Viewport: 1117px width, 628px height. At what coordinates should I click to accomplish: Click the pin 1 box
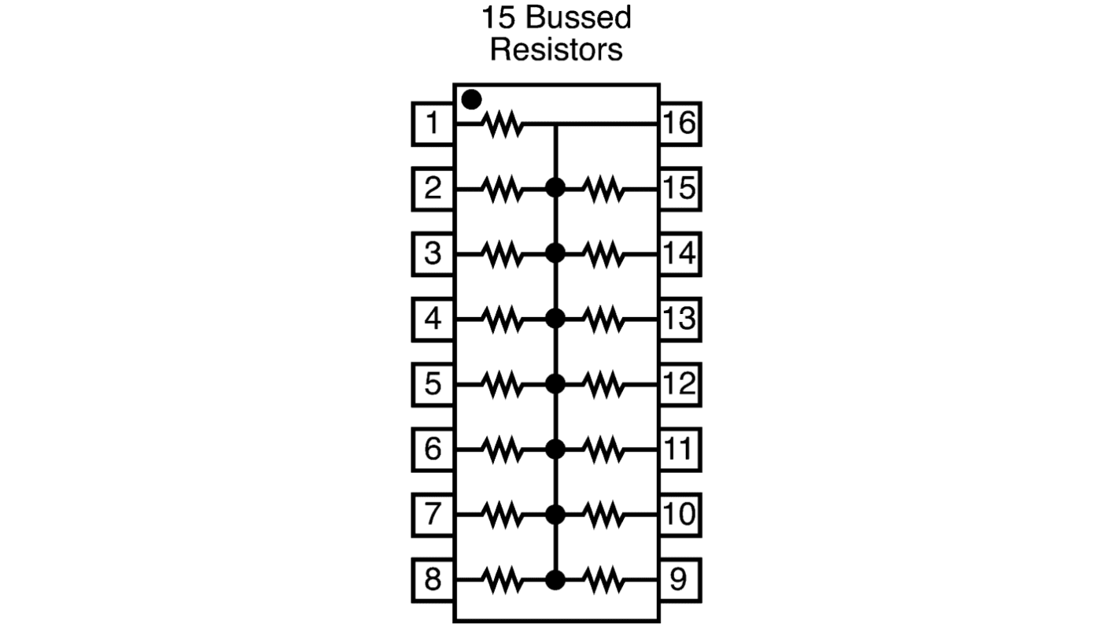click(x=433, y=124)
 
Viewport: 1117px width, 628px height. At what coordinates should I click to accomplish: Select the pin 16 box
click(x=679, y=124)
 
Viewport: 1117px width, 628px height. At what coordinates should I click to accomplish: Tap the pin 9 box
click(x=679, y=580)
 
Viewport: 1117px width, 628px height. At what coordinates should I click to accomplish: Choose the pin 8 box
click(x=433, y=580)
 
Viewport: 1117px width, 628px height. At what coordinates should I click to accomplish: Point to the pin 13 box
click(x=679, y=320)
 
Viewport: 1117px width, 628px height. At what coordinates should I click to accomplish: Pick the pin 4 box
click(x=433, y=320)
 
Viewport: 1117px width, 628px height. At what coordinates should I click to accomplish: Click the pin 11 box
click(x=679, y=449)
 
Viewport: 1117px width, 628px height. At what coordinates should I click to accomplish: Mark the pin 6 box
click(x=433, y=449)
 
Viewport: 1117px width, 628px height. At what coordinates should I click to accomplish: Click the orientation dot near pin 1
click(x=471, y=100)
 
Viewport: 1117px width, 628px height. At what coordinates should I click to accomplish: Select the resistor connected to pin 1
click(x=502, y=124)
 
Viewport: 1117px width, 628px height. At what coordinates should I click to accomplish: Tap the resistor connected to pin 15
click(x=604, y=189)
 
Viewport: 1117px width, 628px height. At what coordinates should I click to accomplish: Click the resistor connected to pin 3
click(x=502, y=254)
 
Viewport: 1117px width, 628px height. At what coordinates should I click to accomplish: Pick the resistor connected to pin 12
click(x=604, y=384)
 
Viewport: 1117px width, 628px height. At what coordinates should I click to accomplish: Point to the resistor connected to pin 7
click(x=502, y=515)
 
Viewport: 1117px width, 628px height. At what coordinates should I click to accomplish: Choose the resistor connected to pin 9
click(x=604, y=580)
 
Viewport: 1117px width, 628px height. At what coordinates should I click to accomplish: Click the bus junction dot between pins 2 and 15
click(x=555, y=188)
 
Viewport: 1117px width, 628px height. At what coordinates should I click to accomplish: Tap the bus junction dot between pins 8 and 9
click(x=555, y=580)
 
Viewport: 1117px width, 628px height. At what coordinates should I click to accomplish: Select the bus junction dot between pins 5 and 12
click(x=555, y=384)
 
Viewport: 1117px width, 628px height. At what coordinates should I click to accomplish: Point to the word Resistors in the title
click(x=556, y=49)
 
